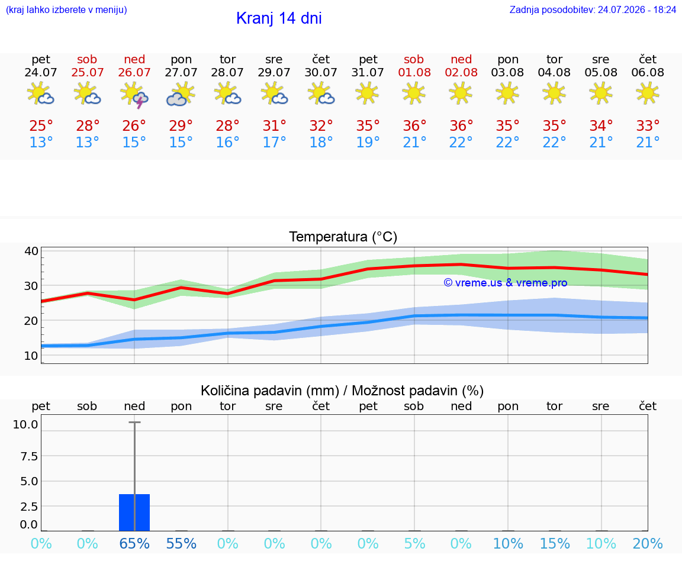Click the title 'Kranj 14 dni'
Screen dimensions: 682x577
tap(279, 18)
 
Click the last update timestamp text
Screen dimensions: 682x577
tap(593, 10)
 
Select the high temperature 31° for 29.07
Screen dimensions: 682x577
tap(274, 126)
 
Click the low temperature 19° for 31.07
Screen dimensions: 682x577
tap(368, 142)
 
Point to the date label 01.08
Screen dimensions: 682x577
tap(414, 73)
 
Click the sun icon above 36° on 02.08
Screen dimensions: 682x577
tap(461, 93)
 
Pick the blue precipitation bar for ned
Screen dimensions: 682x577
tap(134, 512)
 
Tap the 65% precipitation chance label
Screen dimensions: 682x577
tap(134, 543)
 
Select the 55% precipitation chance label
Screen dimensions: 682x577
tap(181, 543)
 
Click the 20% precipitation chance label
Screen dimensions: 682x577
tap(648, 543)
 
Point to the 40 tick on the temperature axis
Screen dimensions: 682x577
tap(31, 252)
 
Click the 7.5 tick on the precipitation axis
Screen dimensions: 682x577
tap(28, 456)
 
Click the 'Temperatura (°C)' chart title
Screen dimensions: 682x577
tap(343, 237)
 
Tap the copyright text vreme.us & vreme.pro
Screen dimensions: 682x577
tap(506, 283)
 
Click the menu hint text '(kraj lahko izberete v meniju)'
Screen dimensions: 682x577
tap(66, 10)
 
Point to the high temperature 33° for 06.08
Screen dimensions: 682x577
tap(648, 126)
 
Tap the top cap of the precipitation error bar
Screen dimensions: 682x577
tap(134, 422)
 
